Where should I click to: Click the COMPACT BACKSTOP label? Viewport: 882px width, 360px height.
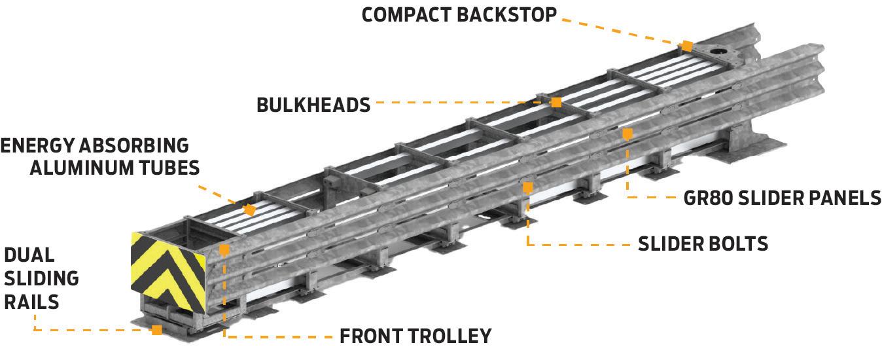click(x=459, y=15)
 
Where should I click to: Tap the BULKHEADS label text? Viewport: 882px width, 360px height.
click(x=313, y=104)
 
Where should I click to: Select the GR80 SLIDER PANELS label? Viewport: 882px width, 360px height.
click(x=782, y=198)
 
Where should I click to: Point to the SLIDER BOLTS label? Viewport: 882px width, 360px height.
click(x=703, y=243)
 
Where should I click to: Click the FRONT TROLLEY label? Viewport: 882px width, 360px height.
click(x=415, y=336)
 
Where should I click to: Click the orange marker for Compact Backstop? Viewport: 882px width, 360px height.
click(x=686, y=46)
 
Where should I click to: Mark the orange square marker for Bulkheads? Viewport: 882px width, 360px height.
click(x=556, y=102)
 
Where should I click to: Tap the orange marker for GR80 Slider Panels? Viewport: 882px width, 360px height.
click(x=627, y=134)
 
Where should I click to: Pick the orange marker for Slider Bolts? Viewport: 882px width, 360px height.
click(x=527, y=188)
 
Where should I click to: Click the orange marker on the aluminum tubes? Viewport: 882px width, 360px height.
click(x=249, y=210)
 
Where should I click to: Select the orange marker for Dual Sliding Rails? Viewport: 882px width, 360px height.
click(x=157, y=329)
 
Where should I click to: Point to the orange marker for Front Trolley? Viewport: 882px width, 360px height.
click(x=224, y=249)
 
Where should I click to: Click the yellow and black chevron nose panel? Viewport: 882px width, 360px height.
click(x=169, y=270)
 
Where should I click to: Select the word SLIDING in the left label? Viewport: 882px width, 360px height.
click(x=41, y=278)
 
